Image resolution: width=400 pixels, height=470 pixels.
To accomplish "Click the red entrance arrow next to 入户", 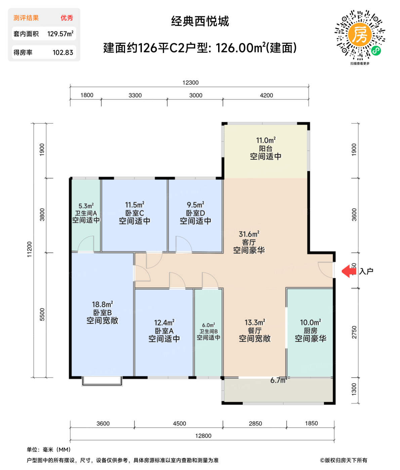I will (x=349, y=271).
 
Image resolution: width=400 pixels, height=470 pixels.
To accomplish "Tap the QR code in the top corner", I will (x=360, y=36).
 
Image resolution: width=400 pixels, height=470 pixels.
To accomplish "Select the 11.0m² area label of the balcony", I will (x=266, y=140).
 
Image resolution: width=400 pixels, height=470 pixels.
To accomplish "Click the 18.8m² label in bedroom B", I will (x=102, y=304).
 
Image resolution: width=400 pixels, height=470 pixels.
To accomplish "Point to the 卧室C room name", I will (x=134, y=213).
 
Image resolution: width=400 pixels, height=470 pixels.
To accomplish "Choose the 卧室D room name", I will (x=195, y=213).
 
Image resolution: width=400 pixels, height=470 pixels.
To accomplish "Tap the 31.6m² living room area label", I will (x=249, y=234).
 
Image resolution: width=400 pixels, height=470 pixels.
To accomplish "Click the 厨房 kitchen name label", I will (x=310, y=331).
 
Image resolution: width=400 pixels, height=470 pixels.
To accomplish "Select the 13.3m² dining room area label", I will (x=254, y=323).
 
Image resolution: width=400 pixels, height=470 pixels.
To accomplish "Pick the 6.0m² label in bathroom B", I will (x=208, y=325).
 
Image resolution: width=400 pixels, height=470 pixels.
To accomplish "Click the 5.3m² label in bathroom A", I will (x=86, y=206).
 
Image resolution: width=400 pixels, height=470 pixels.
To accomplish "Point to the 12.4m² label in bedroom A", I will (x=164, y=323).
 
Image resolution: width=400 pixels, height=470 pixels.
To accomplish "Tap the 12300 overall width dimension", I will (x=190, y=83).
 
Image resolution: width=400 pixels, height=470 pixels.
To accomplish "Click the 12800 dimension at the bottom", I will (x=203, y=436).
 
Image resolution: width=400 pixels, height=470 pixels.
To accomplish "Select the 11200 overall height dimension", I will (x=30, y=249).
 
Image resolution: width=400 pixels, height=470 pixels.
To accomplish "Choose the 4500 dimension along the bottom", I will (x=179, y=424).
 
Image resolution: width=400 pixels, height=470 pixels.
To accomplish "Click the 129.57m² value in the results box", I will (x=60, y=34).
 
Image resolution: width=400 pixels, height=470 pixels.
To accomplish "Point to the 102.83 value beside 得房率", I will (x=63, y=52).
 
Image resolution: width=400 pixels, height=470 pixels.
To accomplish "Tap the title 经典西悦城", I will (x=200, y=21).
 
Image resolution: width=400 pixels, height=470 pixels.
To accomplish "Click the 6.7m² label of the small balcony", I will (x=279, y=380).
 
